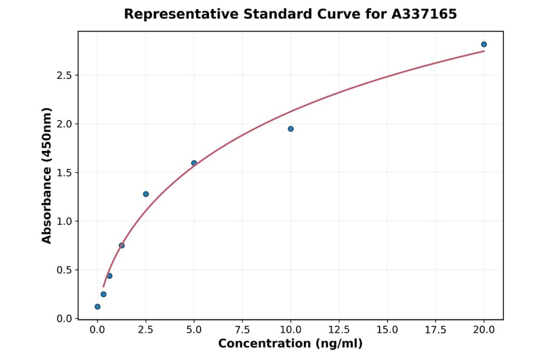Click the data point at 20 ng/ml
point(484,44)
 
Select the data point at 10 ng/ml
point(291,128)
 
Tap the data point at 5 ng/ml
point(194,163)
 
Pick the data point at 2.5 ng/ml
point(146,194)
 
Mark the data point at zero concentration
point(97,307)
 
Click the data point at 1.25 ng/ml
point(122,245)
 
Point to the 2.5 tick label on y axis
point(64,75)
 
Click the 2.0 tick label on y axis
point(64,124)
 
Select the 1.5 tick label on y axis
point(64,173)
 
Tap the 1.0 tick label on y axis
point(64,221)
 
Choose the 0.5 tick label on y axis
point(64,270)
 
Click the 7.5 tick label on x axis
point(242,330)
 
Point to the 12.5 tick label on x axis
point(339,330)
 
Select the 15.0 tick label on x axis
point(388,330)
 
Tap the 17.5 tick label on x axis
point(435,330)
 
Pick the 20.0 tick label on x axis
point(484,330)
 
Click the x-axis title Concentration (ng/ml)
point(291,344)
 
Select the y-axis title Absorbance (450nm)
point(47,175)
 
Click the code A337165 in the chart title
point(423,14)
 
